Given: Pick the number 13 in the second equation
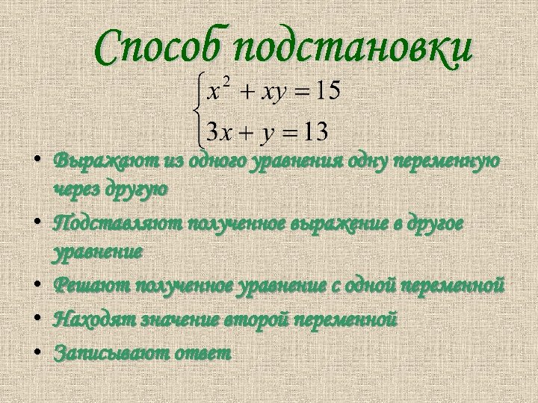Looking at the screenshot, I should pos(312,133).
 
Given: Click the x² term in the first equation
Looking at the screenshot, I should pos(220,91).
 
